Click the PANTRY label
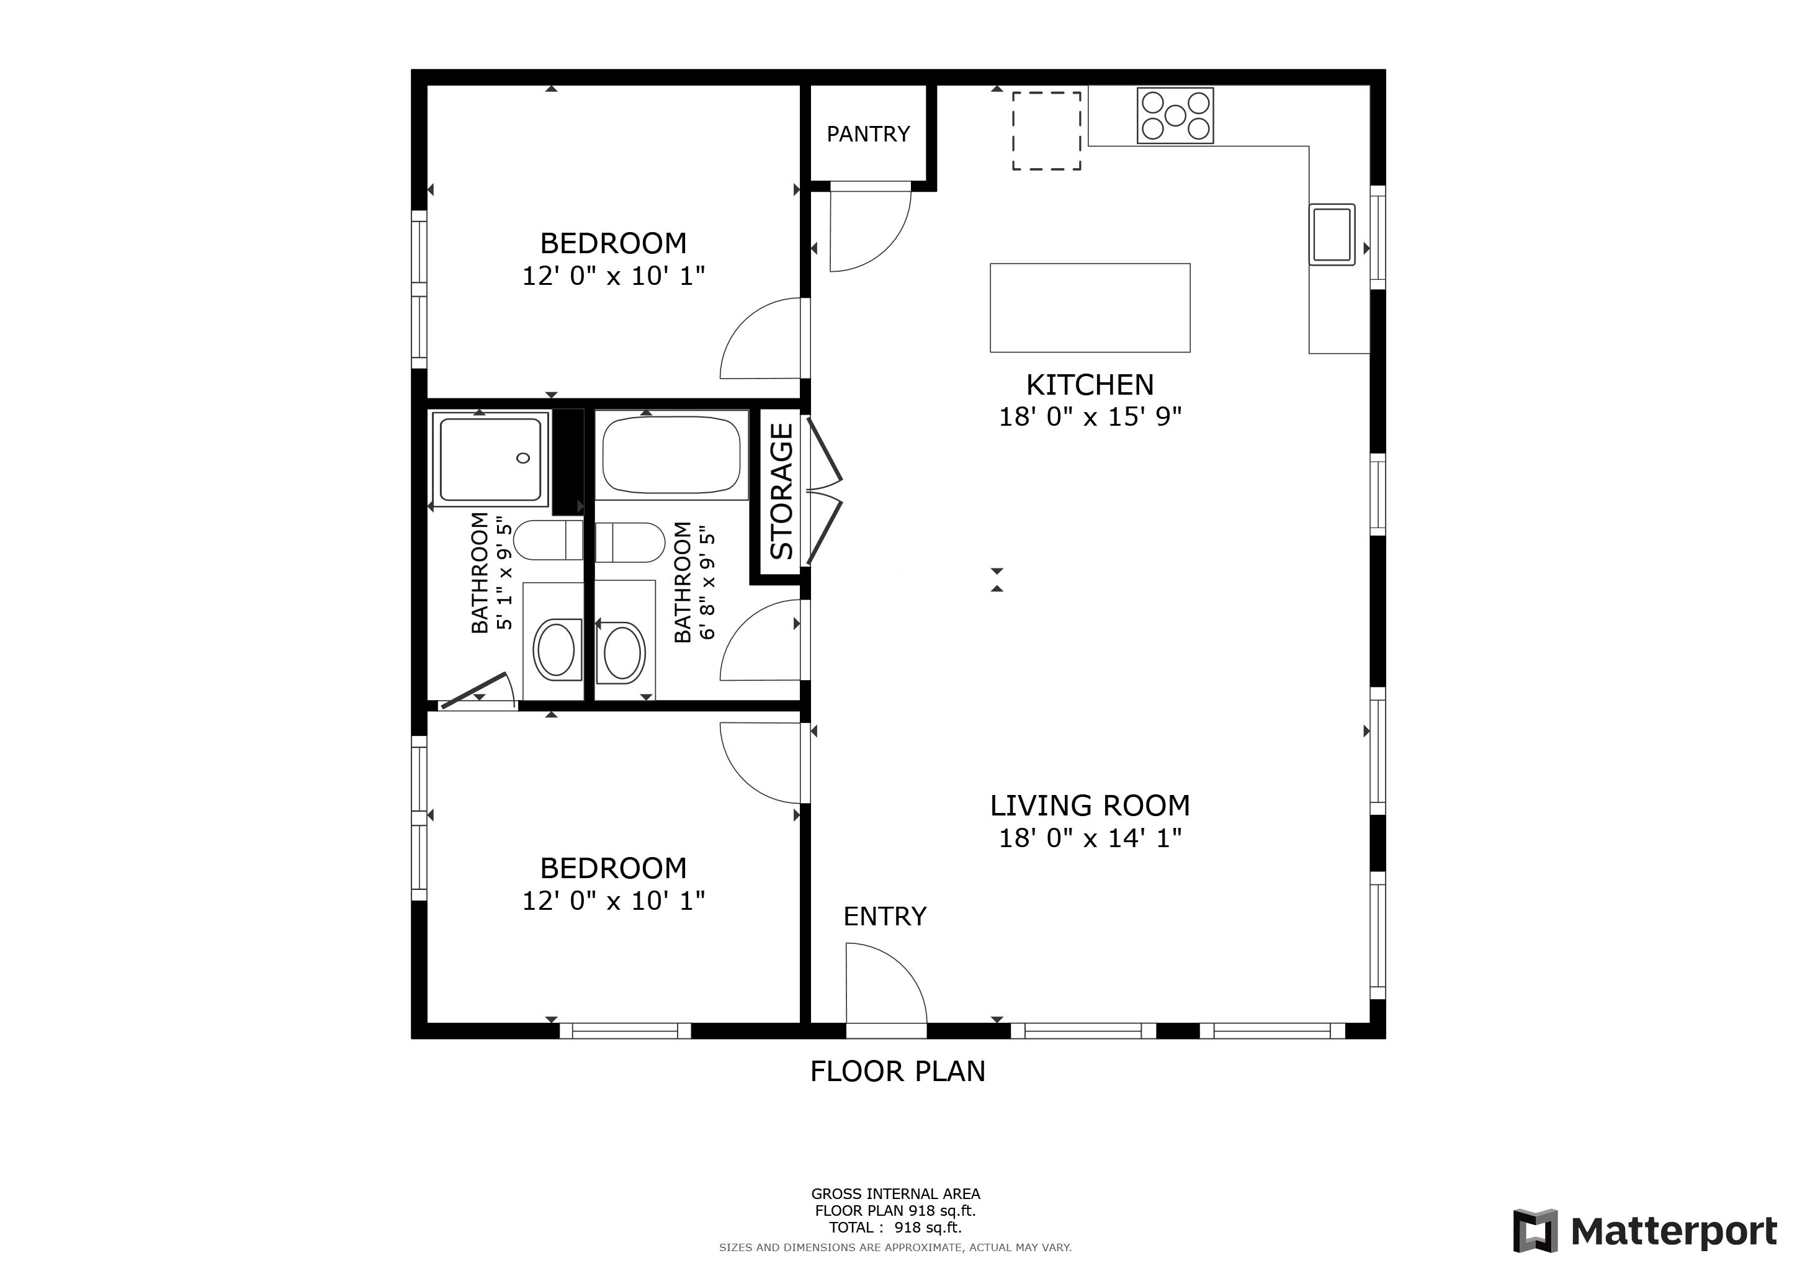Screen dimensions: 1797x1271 868,135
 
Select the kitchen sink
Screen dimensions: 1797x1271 1332,235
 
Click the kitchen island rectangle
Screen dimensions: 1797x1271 1090,308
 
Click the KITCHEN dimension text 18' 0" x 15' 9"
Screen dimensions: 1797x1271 1090,417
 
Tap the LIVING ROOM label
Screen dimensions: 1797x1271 1090,806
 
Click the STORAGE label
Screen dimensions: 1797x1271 782,491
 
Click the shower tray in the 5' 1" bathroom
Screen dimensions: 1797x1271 491,459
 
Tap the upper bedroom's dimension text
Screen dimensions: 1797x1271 614,276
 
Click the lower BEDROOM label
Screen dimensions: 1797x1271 614,868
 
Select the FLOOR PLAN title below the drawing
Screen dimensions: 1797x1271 898,1071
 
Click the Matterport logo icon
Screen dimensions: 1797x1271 1535,1231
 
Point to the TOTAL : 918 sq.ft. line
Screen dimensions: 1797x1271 895,1227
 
